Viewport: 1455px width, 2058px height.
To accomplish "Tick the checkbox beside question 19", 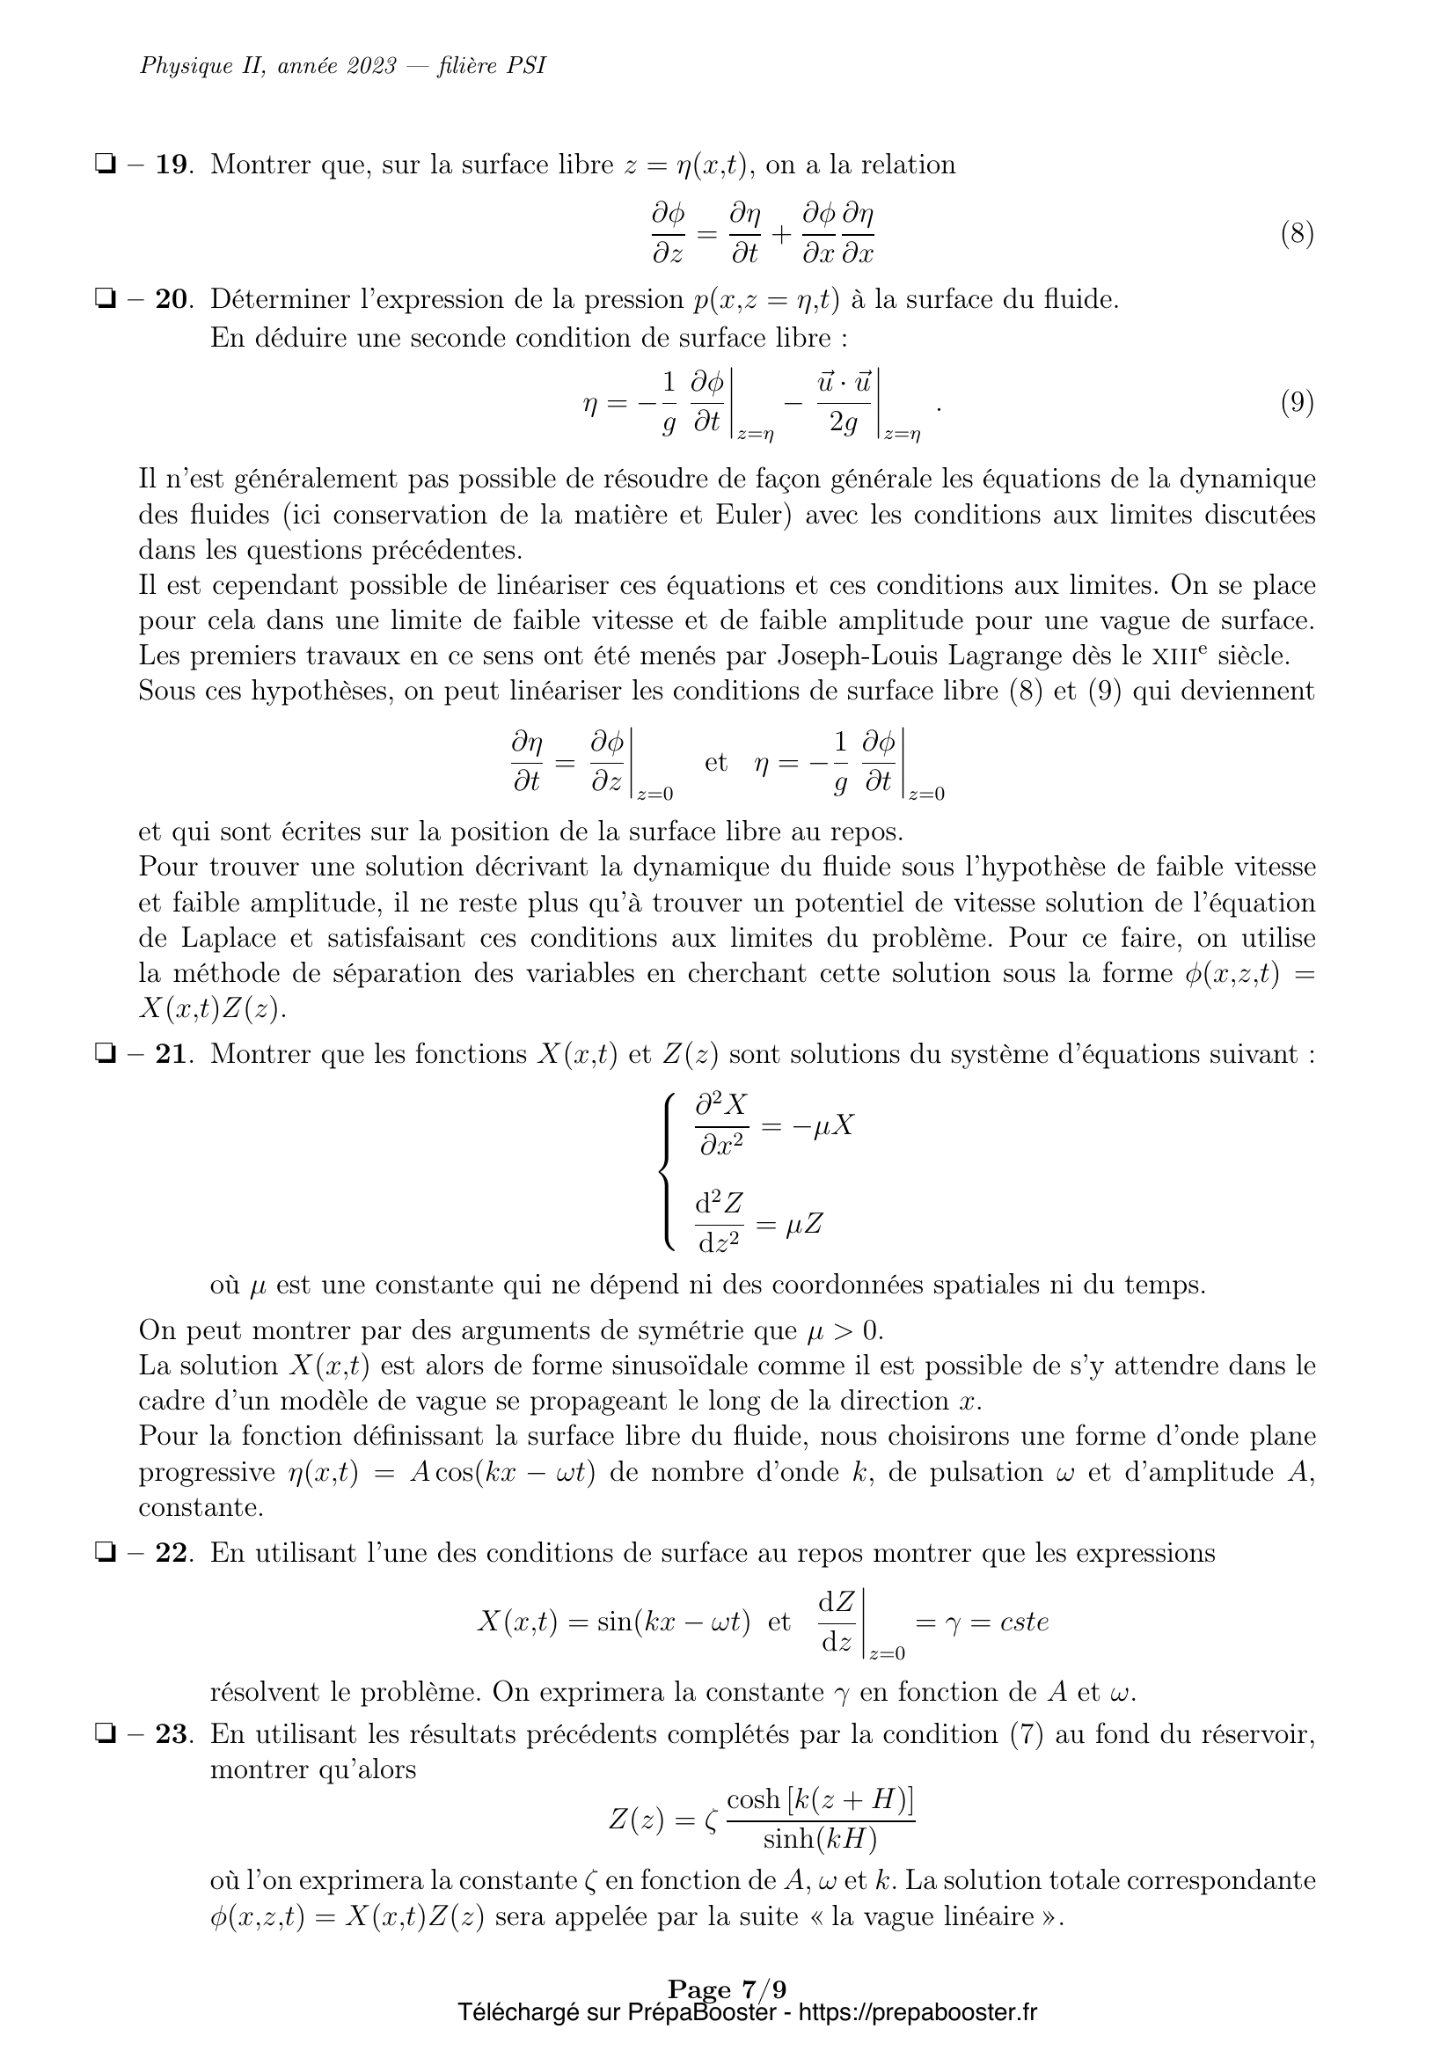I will point(105,165).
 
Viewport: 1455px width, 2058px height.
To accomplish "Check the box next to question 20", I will point(105,299).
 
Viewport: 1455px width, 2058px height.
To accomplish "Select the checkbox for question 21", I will point(105,1055).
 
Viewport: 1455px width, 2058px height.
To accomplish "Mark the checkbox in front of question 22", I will point(105,1553).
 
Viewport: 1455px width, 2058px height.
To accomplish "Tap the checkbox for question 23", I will point(105,1734).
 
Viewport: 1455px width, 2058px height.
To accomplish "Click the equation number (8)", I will point(1297,234).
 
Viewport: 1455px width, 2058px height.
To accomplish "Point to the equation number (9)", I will point(1297,402).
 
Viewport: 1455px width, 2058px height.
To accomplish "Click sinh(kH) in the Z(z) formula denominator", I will point(819,1839).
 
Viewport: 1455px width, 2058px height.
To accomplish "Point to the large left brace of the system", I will point(667,1169).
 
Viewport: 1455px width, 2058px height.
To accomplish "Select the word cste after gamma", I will point(1023,1622).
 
